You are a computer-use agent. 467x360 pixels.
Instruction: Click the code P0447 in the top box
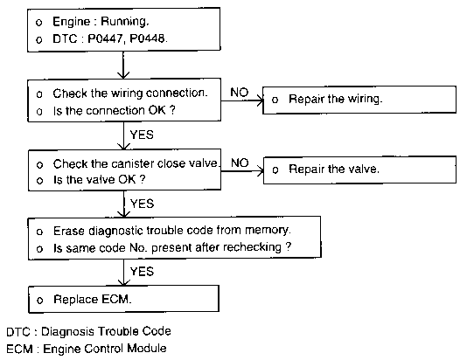[x=105, y=38]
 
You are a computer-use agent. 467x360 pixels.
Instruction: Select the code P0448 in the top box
[x=147, y=38]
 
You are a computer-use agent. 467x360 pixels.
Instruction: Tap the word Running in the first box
[x=123, y=22]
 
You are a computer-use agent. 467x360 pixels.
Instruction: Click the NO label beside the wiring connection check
[x=239, y=93]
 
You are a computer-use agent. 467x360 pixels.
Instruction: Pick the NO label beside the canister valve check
[x=240, y=163]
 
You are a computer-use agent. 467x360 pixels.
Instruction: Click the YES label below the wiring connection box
[x=142, y=135]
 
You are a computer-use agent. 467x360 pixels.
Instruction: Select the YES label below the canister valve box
[x=142, y=204]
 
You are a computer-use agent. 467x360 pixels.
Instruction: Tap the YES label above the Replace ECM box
[x=142, y=272]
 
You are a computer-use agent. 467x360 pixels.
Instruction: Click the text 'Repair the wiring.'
[x=335, y=99]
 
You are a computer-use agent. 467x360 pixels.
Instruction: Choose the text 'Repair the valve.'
[x=334, y=170]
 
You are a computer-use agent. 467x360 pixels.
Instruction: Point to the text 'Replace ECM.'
[x=93, y=300]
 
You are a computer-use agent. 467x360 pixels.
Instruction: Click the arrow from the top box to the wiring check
[x=123, y=65]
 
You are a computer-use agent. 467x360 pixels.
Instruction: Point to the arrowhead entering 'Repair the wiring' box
[x=261, y=100]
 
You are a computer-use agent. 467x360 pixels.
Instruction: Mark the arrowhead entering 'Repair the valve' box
[x=261, y=171]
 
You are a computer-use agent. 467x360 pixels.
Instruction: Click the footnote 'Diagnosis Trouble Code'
[x=106, y=331]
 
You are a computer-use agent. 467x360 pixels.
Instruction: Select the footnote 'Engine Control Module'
[x=105, y=349]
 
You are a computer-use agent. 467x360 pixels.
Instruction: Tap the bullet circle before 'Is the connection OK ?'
[x=39, y=112]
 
